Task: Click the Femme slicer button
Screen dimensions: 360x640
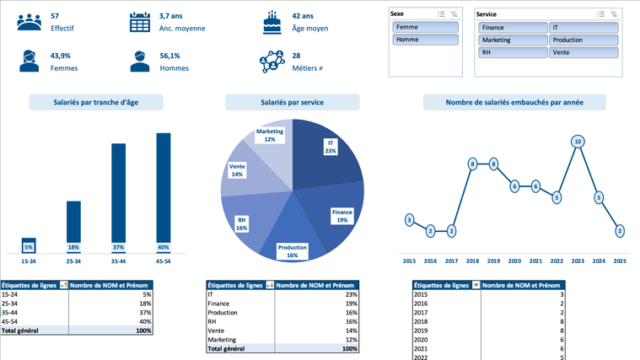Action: [425, 28]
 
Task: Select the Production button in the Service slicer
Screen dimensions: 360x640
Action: [584, 40]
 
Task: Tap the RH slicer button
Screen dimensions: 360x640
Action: [512, 52]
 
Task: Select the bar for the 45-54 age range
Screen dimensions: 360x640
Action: [164, 192]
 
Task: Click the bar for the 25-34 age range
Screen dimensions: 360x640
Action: [73, 226]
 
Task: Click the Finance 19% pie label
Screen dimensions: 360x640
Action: [342, 216]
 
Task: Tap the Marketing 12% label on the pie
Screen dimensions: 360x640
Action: [270, 135]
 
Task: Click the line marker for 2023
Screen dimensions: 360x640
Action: [578, 142]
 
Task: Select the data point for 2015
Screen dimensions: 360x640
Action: [409, 220]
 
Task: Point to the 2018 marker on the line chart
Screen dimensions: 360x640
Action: [472, 164]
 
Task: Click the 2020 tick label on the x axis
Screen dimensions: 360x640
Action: [514, 261]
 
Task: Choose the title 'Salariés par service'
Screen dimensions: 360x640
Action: [292, 102]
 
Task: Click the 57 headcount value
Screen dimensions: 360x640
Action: [55, 16]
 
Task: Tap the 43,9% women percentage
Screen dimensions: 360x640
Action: [60, 55]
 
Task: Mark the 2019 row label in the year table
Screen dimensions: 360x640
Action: [422, 321]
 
